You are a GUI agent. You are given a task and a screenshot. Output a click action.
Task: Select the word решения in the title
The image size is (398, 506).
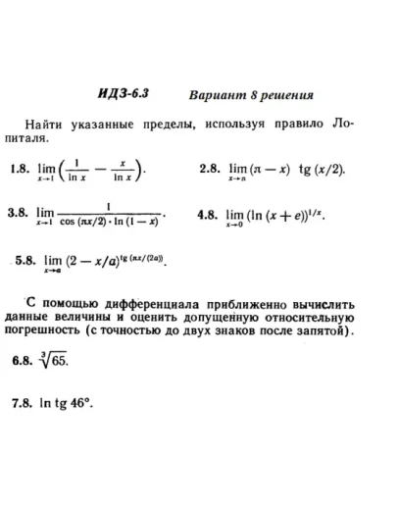point(286,94)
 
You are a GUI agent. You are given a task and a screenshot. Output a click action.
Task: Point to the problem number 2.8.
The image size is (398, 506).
point(209,169)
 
